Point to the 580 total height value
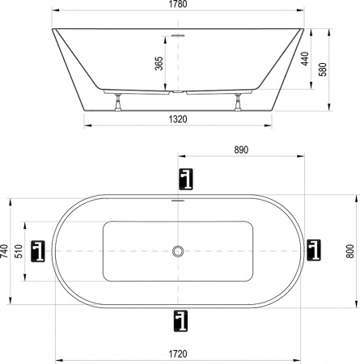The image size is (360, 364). pyautogui.click(x=324, y=70)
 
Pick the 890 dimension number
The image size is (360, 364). pyautogui.click(x=240, y=150)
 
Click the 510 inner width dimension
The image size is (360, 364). pyautogui.click(x=19, y=252)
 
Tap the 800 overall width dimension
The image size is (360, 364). pyautogui.click(x=349, y=251)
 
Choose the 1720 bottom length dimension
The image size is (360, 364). pyautogui.click(x=178, y=353)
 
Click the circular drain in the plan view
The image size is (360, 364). pyautogui.click(x=178, y=252)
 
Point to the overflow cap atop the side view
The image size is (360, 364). pyautogui.click(x=179, y=35)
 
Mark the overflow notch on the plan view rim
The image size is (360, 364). pyautogui.click(x=178, y=199)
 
